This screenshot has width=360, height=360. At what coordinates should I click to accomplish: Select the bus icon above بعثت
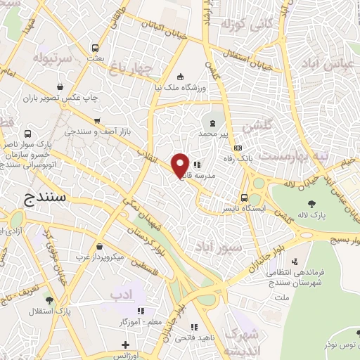pyautogui.click(x=95, y=48)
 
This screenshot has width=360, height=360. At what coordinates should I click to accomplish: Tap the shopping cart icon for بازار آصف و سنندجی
pyautogui.click(x=96, y=120)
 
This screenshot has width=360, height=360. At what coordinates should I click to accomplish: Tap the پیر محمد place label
pyautogui.click(x=214, y=132)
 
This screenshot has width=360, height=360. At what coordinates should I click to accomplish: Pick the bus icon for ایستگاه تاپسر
pyautogui.click(x=244, y=179)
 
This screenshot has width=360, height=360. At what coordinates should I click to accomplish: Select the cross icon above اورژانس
pyautogui.click(x=124, y=345)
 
